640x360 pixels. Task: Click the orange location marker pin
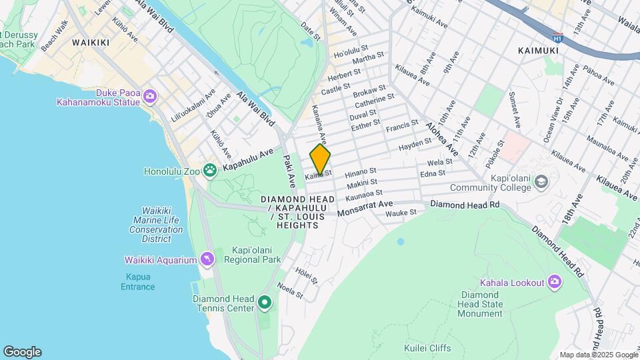320,160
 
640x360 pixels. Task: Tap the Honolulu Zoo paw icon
210,171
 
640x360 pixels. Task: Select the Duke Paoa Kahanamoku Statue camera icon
150,97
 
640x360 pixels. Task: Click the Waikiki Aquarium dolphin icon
207,260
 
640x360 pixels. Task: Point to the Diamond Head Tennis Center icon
265,303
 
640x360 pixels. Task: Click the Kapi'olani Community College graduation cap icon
541,181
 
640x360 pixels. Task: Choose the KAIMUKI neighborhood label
539,50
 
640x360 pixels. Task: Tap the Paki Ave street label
288,170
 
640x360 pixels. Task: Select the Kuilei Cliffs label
427,348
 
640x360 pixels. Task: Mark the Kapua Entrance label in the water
137,282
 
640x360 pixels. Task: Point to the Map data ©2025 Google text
598,355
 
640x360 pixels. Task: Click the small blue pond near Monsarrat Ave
400,241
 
